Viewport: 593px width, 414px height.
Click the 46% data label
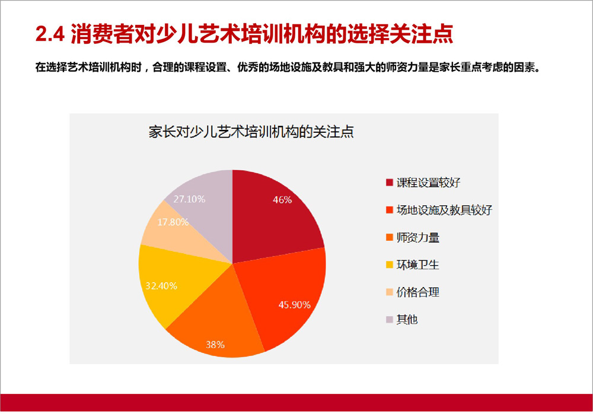coord(282,200)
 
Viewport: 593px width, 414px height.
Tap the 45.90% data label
coord(295,305)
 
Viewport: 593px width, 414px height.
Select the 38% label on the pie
coord(215,345)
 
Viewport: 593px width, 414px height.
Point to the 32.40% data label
coord(161,286)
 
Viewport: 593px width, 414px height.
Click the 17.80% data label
coord(173,222)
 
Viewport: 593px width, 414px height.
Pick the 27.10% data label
coord(190,199)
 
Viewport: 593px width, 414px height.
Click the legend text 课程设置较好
coord(429,183)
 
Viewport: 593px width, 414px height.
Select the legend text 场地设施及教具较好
coord(444,210)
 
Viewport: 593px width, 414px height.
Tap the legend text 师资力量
coord(418,238)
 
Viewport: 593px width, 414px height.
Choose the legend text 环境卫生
coord(418,265)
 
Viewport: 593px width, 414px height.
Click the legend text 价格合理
coord(418,292)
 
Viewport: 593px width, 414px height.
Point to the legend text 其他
coord(407,320)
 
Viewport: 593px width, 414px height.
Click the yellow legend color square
coord(390,265)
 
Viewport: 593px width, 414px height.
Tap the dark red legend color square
coord(390,183)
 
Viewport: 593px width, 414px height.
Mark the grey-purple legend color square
coord(390,320)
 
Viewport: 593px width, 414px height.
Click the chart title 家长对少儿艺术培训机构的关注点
coord(251,132)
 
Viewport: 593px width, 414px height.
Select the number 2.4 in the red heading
coord(50,34)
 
